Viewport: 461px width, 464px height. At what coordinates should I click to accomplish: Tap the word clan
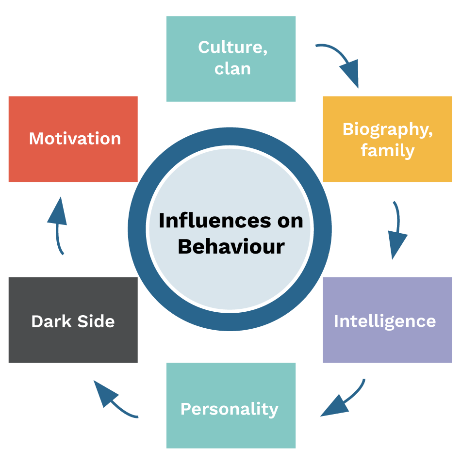click(x=232, y=68)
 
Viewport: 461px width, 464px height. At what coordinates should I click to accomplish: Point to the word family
click(x=387, y=150)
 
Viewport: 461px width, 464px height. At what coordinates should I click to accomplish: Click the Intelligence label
click(x=384, y=321)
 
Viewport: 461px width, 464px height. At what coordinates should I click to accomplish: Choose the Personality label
click(x=230, y=409)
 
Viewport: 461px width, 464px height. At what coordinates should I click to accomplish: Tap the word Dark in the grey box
click(x=51, y=321)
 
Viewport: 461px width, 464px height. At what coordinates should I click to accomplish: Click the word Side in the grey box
click(x=96, y=321)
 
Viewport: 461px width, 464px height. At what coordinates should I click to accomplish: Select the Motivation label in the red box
click(x=75, y=139)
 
